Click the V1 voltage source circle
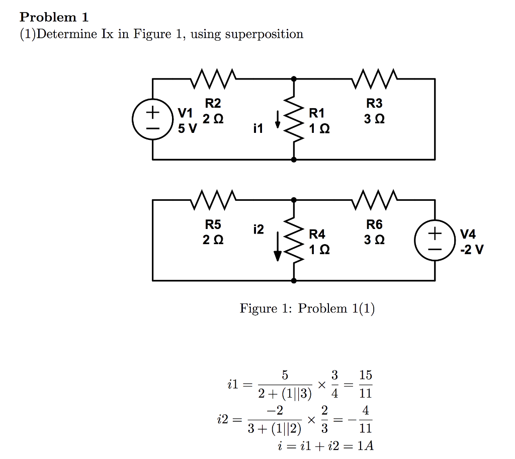point(152,119)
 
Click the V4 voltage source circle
point(435,240)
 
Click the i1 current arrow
point(277,119)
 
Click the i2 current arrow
point(277,249)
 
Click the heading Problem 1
point(54,17)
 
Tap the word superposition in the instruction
point(264,34)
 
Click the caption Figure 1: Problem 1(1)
point(307,308)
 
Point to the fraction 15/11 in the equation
point(366,384)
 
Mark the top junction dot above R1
point(293,79)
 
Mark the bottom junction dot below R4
point(293,280)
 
